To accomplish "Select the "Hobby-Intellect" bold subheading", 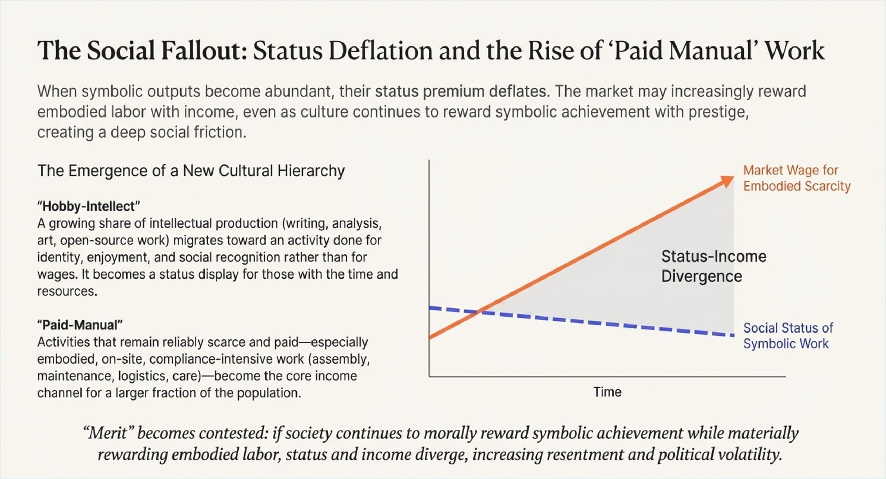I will [x=89, y=206].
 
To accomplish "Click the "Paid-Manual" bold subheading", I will [x=80, y=325].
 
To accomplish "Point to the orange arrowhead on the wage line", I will [x=727, y=181].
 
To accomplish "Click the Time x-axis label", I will [x=607, y=392].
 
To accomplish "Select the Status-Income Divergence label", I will [x=713, y=266].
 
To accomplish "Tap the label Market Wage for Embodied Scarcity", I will [x=797, y=178].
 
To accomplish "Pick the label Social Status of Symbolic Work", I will [x=788, y=336].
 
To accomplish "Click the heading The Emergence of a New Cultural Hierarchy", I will [x=191, y=171].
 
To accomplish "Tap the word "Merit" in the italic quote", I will [x=109, y=433].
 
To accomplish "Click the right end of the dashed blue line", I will [x=733, y=335].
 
